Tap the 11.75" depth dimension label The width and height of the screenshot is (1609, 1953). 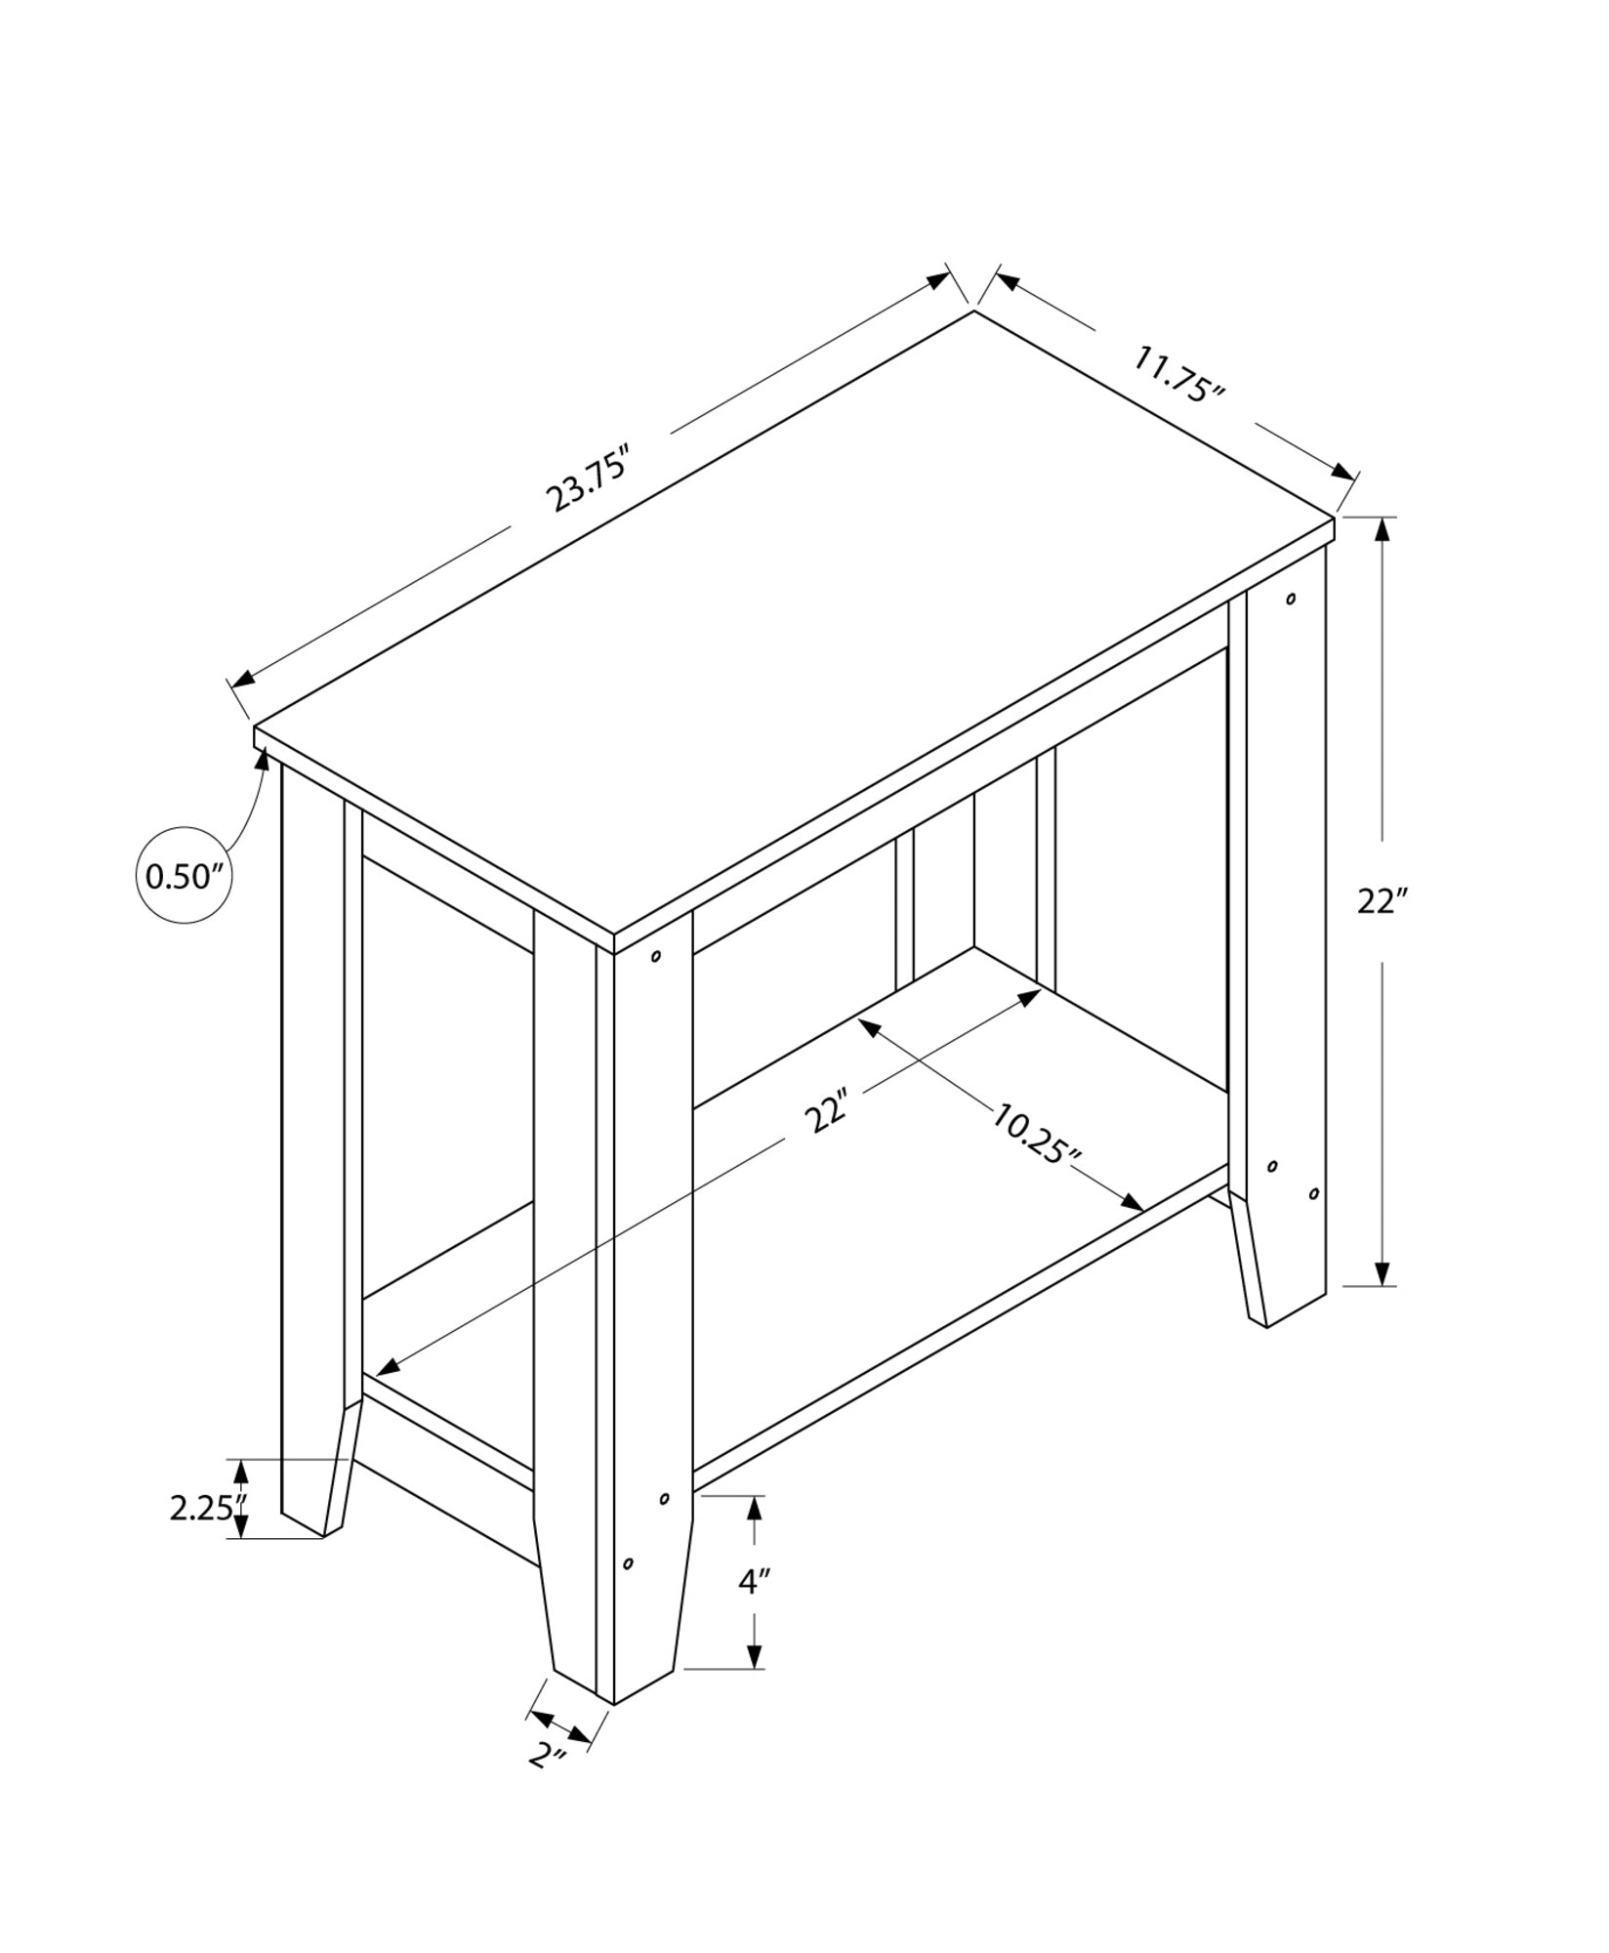click(x=1177, y=375)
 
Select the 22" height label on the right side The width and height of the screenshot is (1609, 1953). click(x=1381, y=901)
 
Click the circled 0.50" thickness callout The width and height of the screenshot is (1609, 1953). click(x=185, y=876)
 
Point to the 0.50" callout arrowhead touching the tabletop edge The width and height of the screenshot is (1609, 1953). click(x=263, y=759)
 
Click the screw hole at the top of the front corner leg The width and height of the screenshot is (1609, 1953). click(x=655, y=956)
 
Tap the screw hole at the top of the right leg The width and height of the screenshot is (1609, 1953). click(x=1291, y=598)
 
